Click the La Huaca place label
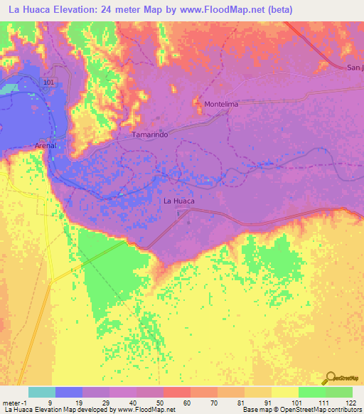(178, 201)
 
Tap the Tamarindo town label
(149, 134)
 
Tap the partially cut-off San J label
(354, 68)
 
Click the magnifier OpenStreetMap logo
(329, 378)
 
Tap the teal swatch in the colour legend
(42, 392)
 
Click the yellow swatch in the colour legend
(285, 392)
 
